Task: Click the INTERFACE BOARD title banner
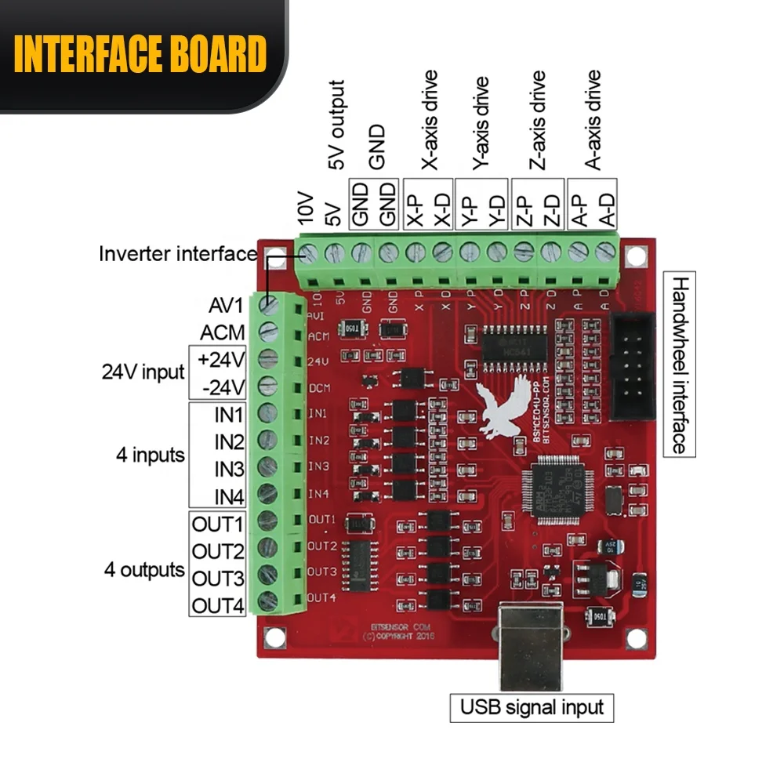tap(141, 54)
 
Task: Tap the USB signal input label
tap(532, 708)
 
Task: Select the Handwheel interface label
tap(679, 364)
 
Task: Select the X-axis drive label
tap(429, 121)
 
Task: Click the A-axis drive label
tap(593, 121)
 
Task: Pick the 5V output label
tap(336, 125)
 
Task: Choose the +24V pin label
tap(223, 360)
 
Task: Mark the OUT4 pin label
tap(219, 605)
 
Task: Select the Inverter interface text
tap(178, 254)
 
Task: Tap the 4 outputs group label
tap(144, 570)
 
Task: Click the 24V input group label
tap(143, 372)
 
